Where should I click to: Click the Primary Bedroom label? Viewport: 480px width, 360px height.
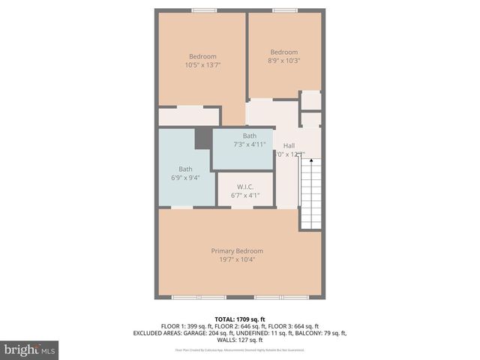point(237,250)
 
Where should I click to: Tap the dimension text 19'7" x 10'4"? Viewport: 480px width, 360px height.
point(237,259)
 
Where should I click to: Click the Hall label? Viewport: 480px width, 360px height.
point(289,145)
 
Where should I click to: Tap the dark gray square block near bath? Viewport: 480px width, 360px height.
point(203,139)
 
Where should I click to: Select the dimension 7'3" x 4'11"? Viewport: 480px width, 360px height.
point(249,144)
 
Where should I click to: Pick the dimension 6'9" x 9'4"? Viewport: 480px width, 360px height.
point(185,178)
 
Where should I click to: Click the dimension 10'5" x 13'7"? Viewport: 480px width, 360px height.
point(202,65)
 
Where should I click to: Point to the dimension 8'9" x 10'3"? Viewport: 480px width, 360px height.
point(285,61)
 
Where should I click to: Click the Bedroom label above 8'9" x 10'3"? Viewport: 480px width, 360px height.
point(284,52)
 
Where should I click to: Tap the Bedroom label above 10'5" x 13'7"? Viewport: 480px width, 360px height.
point(202,56)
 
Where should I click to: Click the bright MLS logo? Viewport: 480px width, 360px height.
point(29,349)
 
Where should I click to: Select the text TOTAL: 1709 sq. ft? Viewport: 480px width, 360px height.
point(240,319)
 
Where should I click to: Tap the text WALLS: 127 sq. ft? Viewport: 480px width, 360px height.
point(240,340)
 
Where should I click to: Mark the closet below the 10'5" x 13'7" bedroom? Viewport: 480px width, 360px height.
point(188,116)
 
